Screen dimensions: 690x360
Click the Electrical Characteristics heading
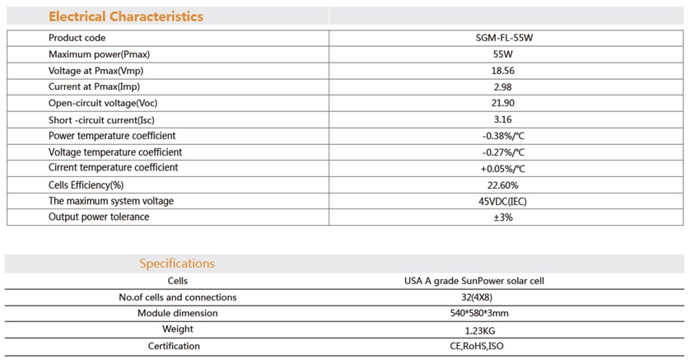(x=126, y=16)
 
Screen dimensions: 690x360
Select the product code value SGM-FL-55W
(x=504, y=38)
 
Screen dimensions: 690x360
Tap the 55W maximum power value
(x=503, y=54)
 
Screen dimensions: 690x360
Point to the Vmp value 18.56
(x=503, y=70)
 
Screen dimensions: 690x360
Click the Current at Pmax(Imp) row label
(x=94, y=86)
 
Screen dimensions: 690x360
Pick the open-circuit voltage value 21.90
(x=503, y=103)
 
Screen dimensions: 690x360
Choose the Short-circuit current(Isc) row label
(x=101, y=119)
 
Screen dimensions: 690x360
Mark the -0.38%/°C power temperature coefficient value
(x=503, y=136)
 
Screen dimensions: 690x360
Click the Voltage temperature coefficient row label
(x=115, y=152)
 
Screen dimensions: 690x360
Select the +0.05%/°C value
(x=503, y=169)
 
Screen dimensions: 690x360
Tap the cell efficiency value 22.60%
(x=503, y=185)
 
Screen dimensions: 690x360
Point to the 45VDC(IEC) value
(x=502, y=202)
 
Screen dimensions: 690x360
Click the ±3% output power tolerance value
(x=503, y=217)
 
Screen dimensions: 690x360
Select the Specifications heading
(x=177, y=263)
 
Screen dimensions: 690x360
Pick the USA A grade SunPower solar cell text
(x=474, y=281)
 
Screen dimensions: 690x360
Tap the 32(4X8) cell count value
(x=477, y=297)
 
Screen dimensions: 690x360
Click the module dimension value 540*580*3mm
(x=477, y=313)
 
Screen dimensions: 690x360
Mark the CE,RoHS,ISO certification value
(x=477, y=346)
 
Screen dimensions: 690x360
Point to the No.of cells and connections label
(x=178, y=297)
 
